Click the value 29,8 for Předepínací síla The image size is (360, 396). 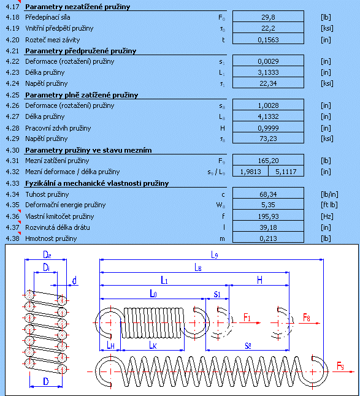click(x=268, y=17)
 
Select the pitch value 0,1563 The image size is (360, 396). click(x=268, y=40)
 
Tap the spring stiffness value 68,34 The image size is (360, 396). click(x=268, y=194)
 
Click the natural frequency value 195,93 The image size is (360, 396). click(x=268, y=216)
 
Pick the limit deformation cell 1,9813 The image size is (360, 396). click(x=250, y=172)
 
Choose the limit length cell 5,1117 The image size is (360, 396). click(x=286, y=172)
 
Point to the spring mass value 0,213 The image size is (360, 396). click(x=268, y=238)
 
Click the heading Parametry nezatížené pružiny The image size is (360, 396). click(x=77, y=7)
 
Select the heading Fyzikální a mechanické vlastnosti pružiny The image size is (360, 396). click(x=97, y=183)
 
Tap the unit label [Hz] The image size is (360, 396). click(x=327, y=216)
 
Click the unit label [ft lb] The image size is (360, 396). click(x=329, y=205)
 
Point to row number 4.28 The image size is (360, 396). click(x=12, y=128)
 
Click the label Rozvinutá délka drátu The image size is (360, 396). click(x=58, y=227)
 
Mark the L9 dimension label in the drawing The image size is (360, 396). click(x=215, y=255)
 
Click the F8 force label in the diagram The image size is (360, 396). click(x=307, y=317)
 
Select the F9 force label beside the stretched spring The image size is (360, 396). click(x=340, y=366)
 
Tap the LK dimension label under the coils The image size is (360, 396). click(x=153, y=345)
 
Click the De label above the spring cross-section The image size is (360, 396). click(x=47, y=254)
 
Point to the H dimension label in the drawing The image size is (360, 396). click(x=259, y=280)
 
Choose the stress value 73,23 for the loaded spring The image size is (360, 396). click(x=268, y=139)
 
